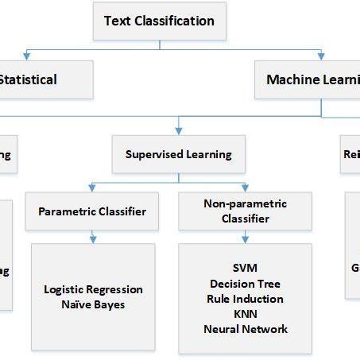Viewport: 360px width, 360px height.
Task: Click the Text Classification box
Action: click(160, 21)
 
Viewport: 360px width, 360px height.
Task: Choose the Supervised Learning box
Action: click(179, 154)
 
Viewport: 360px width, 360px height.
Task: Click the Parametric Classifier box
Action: click(92, 211)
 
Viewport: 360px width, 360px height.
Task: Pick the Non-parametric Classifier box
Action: click(245, 211)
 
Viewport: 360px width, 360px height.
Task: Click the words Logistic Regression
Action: click(93, 289)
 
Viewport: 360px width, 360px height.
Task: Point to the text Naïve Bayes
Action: click(93, 304)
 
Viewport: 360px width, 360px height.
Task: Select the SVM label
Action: click(245, 269)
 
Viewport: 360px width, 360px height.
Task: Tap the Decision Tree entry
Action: click(245, 284)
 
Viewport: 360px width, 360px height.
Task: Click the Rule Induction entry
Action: click(245, 299)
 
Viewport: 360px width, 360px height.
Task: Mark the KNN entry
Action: click(245, 314)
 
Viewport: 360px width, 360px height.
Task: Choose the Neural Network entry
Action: click(245, 329)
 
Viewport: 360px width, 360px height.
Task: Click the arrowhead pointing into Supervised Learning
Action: click(179, 130)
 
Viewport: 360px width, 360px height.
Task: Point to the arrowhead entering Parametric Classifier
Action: click(92, 189)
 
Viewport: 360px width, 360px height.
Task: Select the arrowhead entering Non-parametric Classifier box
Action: click(245, 189)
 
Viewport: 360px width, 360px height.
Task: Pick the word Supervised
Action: click(156, 154)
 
